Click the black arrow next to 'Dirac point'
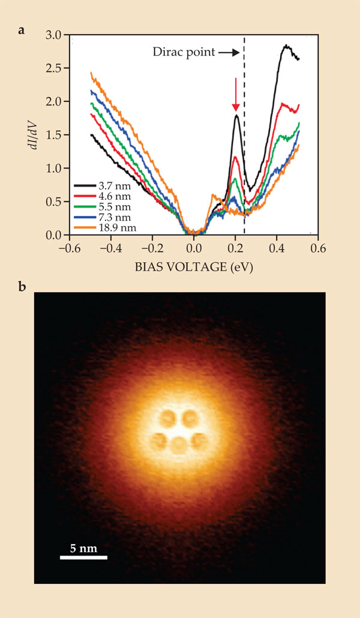[228, 53]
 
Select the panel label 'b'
[22, 286]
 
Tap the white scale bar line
[83, 557]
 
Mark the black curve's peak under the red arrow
[236, 116]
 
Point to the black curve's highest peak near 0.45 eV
[286, 46]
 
